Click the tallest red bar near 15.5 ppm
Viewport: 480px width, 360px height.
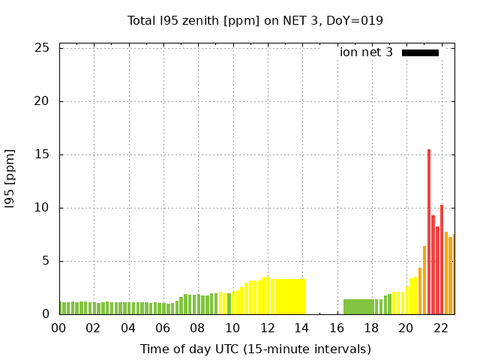click(x=429, y=232)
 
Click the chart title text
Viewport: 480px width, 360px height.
click(x=255, y=20)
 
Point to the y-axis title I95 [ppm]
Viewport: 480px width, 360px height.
click(x=10, y=179)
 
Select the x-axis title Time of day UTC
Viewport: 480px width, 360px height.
click(x=255, y=349)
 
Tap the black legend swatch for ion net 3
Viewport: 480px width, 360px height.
click(x=420, y=52)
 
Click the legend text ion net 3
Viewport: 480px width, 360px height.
click(x=366, y=52)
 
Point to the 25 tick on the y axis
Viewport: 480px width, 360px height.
click(x=43, y=48)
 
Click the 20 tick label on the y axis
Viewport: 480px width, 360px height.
click(x=43, y=101)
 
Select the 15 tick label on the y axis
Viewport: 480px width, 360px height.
click(x=43, y=154)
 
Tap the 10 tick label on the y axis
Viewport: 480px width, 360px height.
click(x=43, y=208)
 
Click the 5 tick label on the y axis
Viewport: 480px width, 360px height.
click(x=46, y=261)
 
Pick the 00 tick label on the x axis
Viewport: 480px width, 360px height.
click(x=59, y=328)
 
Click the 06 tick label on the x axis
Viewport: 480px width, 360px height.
click(x=163, y=328)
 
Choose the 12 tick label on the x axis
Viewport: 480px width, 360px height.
click(x=267, y=328)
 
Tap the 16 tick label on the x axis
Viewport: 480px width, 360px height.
click(x=337, y=328)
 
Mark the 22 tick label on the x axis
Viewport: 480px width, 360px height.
click(x=440, y=328)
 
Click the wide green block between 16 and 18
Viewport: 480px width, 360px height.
click(x=359, y=307)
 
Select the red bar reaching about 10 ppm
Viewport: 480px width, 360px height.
click(x=442, y=259)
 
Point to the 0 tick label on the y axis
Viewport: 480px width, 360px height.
click(x=46, y=314)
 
